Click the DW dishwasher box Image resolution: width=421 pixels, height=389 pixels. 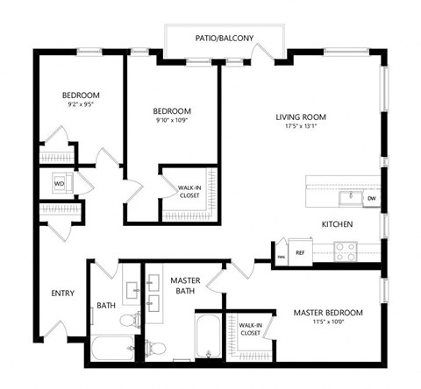click(x=371, y=198)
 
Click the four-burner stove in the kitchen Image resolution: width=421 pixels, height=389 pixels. click(x=345, y=251)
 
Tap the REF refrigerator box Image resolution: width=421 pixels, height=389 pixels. click(x=300, y=252)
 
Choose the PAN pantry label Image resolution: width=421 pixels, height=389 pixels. click(x=282, y=255)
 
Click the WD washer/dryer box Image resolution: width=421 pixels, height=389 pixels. click(x=59, y=184)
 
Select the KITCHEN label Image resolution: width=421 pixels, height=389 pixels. click(x=337, y=224)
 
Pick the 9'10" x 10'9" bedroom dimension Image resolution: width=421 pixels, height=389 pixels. click(x=171, y=122)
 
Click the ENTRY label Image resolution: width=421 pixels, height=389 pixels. click(x=62, y=294)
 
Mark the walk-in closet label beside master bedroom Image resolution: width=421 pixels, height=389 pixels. click(x=250, y=329)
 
